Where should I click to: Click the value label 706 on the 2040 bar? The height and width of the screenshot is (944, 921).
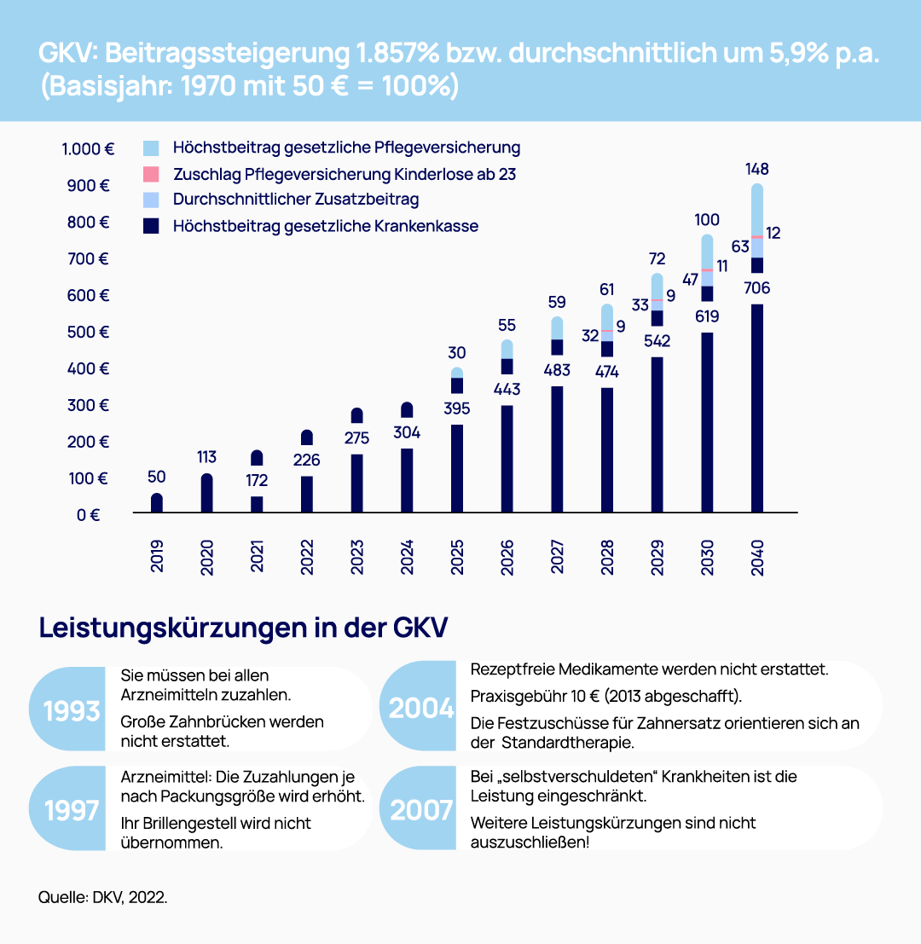[x=756, y=289]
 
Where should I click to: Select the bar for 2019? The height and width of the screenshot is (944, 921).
[x=157, y=503]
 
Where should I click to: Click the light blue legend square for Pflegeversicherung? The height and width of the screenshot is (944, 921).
[x=152, y=148]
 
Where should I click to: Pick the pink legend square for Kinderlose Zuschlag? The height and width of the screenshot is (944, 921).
[x=152, y=174]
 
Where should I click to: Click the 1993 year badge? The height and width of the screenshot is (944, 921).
[x=72, y=710]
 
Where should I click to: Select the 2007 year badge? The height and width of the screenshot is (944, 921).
[x=421, y=808]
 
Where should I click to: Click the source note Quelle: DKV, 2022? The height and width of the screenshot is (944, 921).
[x=102, y=898]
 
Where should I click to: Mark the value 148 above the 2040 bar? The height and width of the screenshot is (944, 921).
[x=756, y=169]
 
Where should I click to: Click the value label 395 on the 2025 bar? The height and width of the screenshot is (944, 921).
[x=457, y=408]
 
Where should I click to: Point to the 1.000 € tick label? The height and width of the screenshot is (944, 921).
[x=88, y=148]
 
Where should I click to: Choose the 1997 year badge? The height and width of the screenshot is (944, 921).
[x=72, y=808]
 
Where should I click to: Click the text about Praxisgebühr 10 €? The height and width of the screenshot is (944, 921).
[x=606, y=696]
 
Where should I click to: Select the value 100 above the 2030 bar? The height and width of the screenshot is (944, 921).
[x=706, y=220]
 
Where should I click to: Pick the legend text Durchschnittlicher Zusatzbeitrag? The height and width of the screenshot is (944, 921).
[x=295, y=200]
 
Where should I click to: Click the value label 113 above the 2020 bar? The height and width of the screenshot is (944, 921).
[x=206, y=457]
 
